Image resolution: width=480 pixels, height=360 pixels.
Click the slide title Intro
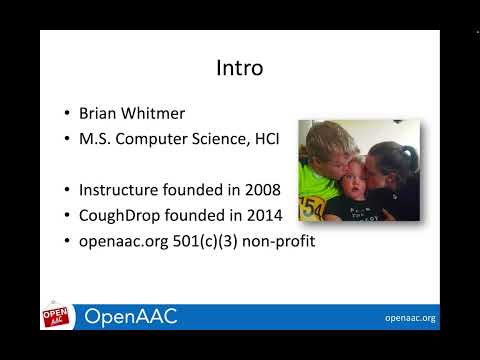pyautogui.click(x=239, y=69)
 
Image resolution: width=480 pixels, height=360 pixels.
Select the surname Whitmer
pyautogui.click(x=159, y=114)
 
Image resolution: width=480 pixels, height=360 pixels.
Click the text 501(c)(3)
pyautogui.click(x=207, y=241)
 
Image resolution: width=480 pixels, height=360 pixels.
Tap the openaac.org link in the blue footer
pyautogui.click(x=410, y=318)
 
